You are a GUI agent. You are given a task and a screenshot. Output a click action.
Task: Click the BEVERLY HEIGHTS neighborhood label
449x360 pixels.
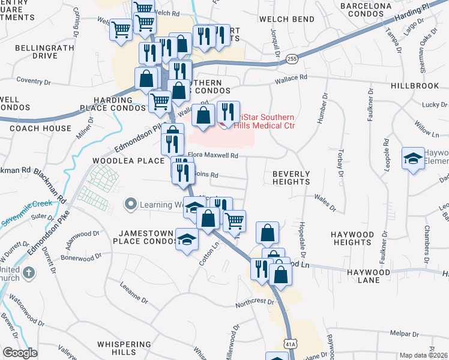pyautogui.click(x=291, y=177)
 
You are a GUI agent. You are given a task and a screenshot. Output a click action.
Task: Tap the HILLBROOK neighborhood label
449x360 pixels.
pyautogui.click(x=415, y=86)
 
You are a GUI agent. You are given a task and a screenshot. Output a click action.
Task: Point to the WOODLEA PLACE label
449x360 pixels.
pyautogui.click(x=128, y=161)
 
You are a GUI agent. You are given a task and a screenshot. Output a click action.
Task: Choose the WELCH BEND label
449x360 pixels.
pyautogui.click(x=287, y=19)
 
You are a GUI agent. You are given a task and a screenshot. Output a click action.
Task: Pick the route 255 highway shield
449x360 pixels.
pyautogui.click(x=292, y=59)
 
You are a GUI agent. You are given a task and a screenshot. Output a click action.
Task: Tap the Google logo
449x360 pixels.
pyautogui.click(x=20, y=353)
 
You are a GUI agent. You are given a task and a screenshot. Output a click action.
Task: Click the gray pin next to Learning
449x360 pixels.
pyautogui.click(x=130, y=205)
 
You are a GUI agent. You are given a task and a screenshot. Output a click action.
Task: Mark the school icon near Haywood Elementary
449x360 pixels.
pyautogui.click(x=412, y=158)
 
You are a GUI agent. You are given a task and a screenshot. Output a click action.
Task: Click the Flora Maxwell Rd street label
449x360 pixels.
pyautogui.click(x=213, y=155)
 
